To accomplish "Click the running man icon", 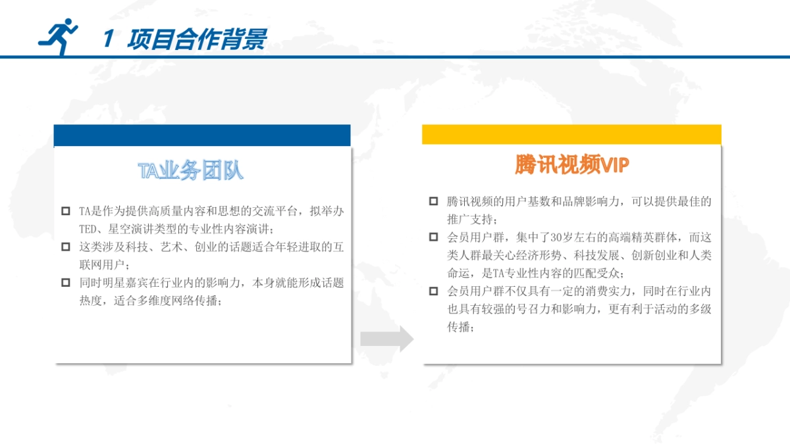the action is point(58,37).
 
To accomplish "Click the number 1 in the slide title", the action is point(109,38).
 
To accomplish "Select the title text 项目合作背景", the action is point(197,39).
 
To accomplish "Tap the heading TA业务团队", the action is point(190,170).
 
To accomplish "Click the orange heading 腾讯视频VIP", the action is point(571,164).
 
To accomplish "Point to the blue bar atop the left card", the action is point(202,136).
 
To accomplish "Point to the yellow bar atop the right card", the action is point(571,134).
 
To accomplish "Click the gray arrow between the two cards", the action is point(387,339).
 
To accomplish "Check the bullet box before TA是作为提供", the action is point(66,210).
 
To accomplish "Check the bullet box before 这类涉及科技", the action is point(66,247).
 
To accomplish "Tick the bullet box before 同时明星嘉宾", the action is point(66,283).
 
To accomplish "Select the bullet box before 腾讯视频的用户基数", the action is point(433,201).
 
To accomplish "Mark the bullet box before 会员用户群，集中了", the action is point(433,237).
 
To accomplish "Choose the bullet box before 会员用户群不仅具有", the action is point(433,291).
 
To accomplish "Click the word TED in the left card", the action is point(88,230).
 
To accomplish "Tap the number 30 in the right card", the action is point(556,237).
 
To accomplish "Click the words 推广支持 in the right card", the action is point(470,220).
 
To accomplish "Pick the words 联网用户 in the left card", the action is point(102,265).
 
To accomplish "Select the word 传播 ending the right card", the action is point(459,327).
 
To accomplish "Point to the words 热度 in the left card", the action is point(91,301).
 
